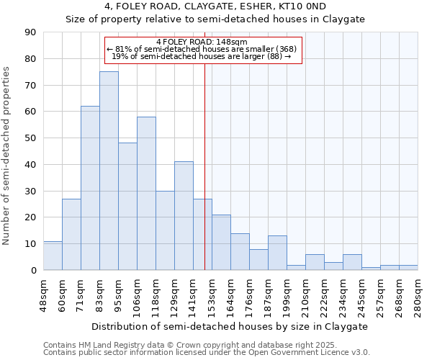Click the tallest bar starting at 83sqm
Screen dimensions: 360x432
pos(109,171)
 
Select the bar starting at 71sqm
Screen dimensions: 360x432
pos(90,188)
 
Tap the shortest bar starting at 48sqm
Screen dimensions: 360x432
pos(53,256)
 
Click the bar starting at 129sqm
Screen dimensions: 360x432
pos(184,216)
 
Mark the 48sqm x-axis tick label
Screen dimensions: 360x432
pos(43,294)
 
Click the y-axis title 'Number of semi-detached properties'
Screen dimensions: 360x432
pos(6,156)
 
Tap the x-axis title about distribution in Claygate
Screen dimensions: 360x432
pos(230,326)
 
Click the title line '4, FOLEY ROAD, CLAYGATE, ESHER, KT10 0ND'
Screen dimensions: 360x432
pos(215,6)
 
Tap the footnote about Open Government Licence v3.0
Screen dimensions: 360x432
pos(207,353)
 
